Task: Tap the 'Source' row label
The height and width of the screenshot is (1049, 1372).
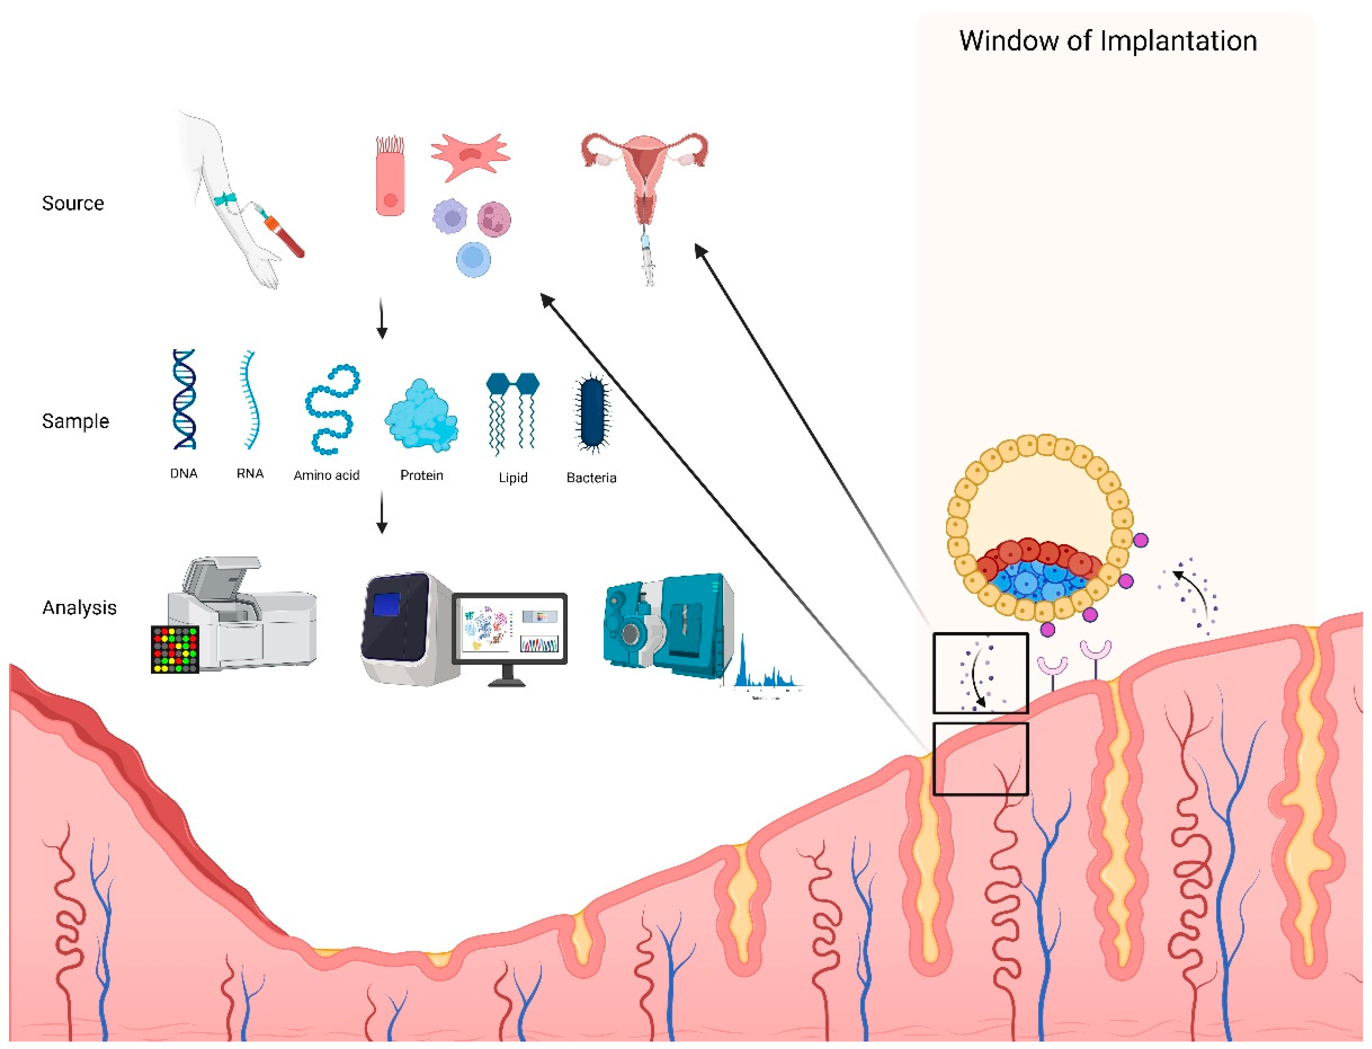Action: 73,203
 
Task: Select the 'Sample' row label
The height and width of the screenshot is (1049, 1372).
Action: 76,422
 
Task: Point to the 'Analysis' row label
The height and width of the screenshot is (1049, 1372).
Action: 79,608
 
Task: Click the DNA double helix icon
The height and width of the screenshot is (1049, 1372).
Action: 185,399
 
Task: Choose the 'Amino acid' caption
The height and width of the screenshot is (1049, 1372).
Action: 326,476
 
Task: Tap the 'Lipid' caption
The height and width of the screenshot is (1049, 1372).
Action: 513,478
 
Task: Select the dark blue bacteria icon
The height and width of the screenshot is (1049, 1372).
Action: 592,412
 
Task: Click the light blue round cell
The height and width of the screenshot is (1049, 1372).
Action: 473,260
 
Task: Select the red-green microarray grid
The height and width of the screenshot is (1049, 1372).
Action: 175,650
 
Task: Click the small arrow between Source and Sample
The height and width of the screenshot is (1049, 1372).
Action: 382,318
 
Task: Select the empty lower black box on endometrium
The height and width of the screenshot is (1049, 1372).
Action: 980,759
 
